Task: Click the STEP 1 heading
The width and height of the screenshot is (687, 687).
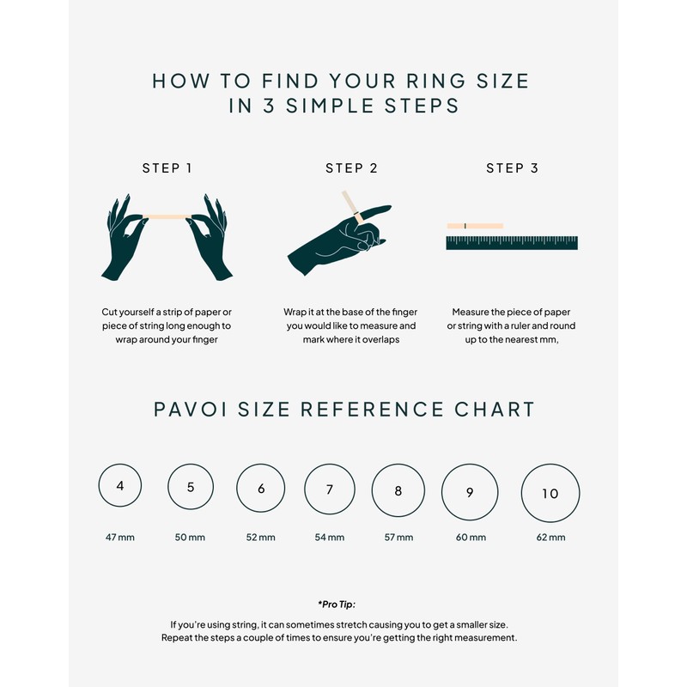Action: pos(167,168)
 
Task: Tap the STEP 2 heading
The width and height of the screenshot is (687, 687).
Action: pos(351,168)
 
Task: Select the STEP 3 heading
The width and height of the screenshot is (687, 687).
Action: pos(512,168)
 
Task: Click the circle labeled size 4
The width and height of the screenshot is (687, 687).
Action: pos(120,486)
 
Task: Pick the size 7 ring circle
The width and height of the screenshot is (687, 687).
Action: pos(329,491)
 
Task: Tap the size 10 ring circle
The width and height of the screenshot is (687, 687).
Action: pos(550,494)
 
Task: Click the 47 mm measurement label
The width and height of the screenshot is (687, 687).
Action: pos(120,538)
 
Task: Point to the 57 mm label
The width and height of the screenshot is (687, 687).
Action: pos(398,538)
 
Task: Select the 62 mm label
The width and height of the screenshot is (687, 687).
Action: pos(550,538)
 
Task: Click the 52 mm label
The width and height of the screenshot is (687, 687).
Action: pos(260,538)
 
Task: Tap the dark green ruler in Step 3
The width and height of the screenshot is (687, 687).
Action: pos(512,243)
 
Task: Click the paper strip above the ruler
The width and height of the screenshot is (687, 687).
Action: pos(475,226)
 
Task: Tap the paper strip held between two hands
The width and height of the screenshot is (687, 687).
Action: pos(167,216)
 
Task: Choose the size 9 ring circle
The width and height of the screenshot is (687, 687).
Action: pos(470,493)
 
